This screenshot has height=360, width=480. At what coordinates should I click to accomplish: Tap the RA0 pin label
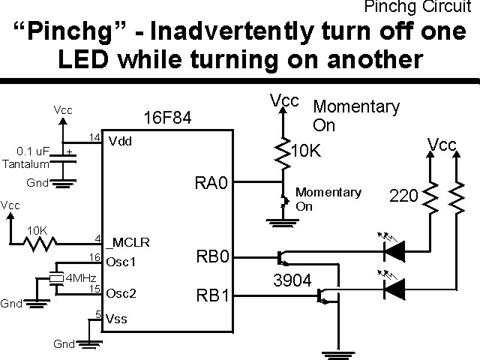click(x=210, y=184)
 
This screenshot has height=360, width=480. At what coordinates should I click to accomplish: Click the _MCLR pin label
click(x=129, y=243)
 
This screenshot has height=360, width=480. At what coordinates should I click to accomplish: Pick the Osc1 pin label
click(x=121, y=262)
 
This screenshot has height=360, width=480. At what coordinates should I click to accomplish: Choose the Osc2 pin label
click(x=121, y=292)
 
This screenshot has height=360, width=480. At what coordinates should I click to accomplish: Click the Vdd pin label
click(x=121, y=141)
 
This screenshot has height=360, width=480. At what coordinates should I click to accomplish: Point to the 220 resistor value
click(x=404, y=196)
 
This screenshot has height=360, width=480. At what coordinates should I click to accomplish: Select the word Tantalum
click(x=26, y=163)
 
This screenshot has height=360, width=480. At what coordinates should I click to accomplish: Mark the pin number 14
click(x=94, y=137)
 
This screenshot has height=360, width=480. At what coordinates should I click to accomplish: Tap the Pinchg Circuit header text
click(x=420, y=7)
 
